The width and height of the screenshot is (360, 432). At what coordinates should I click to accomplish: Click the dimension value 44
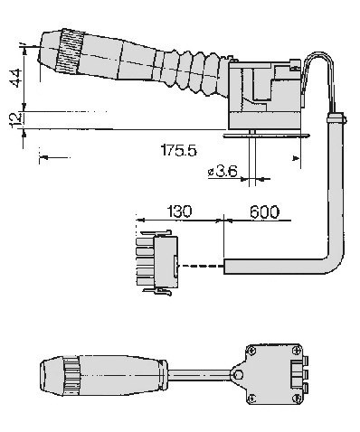16,78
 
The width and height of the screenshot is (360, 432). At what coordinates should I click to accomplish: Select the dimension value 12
15,119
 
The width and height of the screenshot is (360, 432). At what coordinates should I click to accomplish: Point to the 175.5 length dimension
179,150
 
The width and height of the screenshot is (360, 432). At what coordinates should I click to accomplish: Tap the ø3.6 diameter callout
223,172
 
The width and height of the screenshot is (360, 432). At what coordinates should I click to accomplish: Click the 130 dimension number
179,211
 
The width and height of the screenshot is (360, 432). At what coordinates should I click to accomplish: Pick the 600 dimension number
264,211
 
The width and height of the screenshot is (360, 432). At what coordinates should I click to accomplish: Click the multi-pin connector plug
156,263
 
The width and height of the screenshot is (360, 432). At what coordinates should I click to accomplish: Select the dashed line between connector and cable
201,266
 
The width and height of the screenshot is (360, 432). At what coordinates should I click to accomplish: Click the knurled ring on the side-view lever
70,52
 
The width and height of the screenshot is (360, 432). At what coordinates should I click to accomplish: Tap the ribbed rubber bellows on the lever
194,72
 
